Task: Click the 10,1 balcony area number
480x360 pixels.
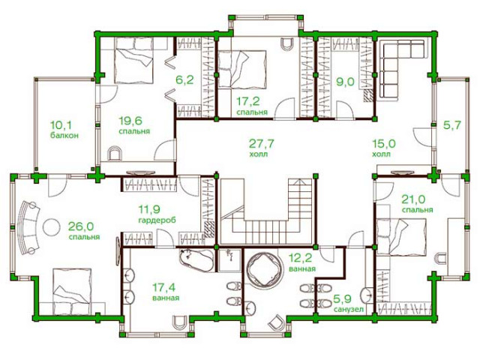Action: click(61, 125)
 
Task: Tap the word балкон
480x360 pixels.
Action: click(64, 135)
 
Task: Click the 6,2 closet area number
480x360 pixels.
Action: click(184, 80)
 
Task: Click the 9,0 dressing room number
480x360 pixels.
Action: click(345, 82)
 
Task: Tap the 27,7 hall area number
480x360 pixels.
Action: click(261, 143)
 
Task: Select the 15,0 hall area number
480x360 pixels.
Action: click(384, 143)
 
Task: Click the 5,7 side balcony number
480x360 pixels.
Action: click(452, 125)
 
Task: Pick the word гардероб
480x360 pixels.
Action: click(157, 220)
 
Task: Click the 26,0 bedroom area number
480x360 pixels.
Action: click(81, 226)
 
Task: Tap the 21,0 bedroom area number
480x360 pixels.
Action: click(413, 199)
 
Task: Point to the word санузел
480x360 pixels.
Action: click(349, 309)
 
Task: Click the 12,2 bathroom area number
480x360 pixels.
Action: click(300, 258)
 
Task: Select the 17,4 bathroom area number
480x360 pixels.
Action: click(164, 287)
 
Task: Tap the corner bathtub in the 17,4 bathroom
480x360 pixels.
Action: click(197, 260)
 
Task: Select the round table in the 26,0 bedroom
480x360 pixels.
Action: click(52, 227)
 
